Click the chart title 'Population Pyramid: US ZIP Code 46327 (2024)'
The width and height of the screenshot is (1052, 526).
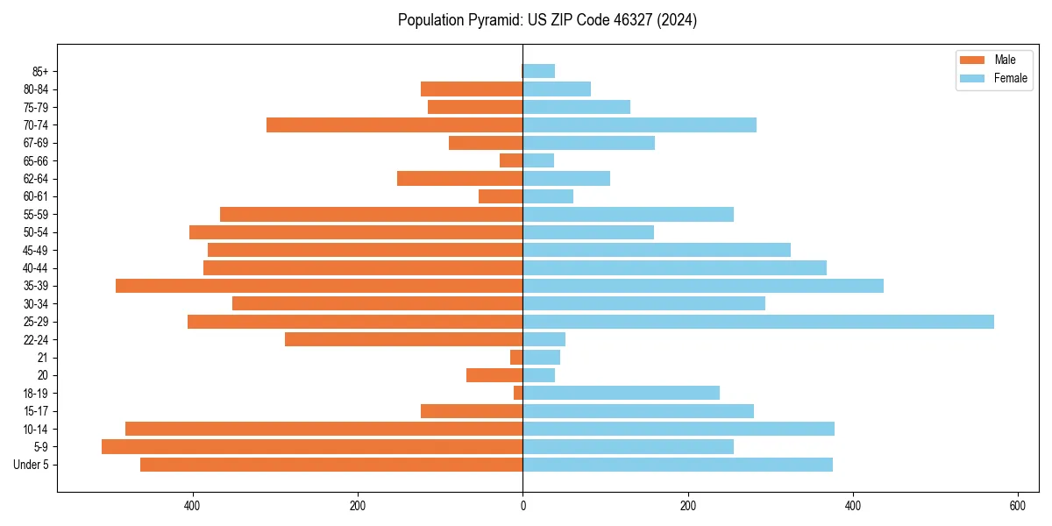[547, 20]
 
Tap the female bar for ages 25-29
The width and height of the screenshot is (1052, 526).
[758, 322]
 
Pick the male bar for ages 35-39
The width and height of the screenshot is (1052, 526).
[319, 286]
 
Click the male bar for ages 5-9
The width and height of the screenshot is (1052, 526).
[312, 446]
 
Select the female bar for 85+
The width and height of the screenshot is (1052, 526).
[539, 71]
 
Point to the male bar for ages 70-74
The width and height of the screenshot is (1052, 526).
[394, 124]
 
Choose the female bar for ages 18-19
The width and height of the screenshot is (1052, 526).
[622, 393]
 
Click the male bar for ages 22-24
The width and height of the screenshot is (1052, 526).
[404, 339]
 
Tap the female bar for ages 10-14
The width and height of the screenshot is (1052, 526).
[679, 429]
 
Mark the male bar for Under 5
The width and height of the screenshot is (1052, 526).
[331, 465]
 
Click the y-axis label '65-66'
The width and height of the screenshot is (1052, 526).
[37, 160]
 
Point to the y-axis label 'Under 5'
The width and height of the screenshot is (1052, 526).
[32, 465]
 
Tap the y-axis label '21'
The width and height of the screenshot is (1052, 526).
[43, 358]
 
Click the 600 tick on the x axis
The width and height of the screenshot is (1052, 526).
[1018, 506]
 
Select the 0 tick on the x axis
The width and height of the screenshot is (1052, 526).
[523, 506]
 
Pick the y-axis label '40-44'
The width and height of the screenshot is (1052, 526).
[37, 268]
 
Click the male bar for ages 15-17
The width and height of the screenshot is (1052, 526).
[472, 411]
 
